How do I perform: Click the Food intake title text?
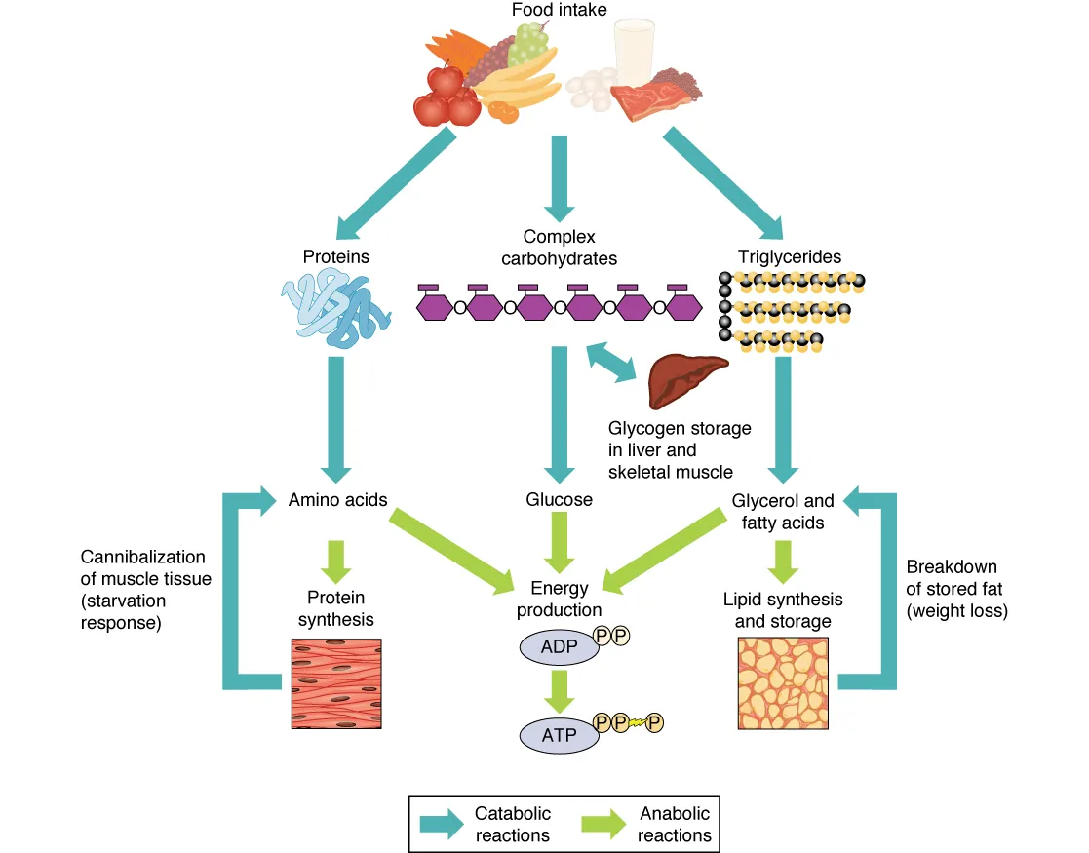[x=559, y=11]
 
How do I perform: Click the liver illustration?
[x=686, y=380]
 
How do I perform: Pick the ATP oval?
[x=560, y=734]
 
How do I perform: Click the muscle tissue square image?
[x=337, y=683]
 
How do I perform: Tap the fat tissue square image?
[x=784, y=683]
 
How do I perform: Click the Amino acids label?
[x=337, y=500]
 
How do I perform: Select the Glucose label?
[x=559, y=500]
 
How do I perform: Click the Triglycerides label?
[x=789, y=257]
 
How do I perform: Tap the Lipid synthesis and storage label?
[x=783, y=609]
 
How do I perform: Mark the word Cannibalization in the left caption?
[x=142, y=557]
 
